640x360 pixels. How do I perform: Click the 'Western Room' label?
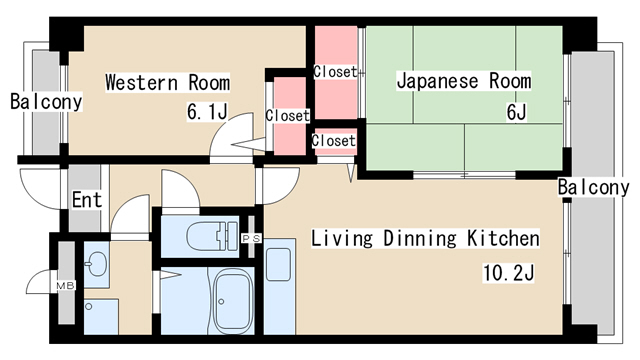pyautogui.click(x=167, y=82)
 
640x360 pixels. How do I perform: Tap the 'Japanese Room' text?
pyautogui.click(x=463, y=81)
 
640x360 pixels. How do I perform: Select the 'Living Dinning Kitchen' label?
pyautogui.click(x=425, y=239)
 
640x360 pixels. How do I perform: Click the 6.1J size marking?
pyautogui.click(x=207, y=112)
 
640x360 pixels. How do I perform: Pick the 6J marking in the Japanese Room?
pyautogui.click(x=516, y=112)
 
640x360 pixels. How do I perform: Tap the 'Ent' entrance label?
pyautogui.click(x=86, y=200)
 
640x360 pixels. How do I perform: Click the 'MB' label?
pyautogui.click(x=65, y=286)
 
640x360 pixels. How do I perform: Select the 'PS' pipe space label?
pyautogui.click(x=252, y=237)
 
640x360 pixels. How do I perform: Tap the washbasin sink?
pyautogui.click(x=96, y=265)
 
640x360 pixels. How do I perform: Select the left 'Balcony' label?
pyautogui.click(x=46, y=102)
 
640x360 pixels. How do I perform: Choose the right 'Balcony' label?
pyautogui.click(x=593, y=188)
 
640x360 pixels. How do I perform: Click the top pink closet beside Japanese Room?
pyautogui.click(x=335, y=71)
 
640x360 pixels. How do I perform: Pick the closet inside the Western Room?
pyautogui.click(x=287, y=116)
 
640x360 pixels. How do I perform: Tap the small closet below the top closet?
pyautogui.click(x=333, y=141)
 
